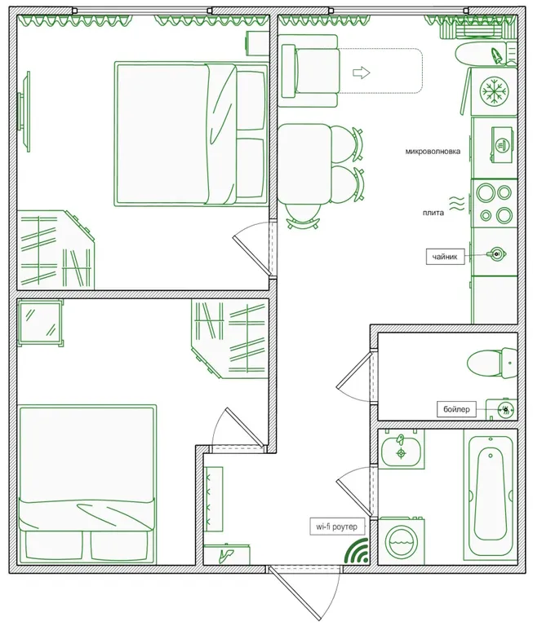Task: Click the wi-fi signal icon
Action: point(357,551)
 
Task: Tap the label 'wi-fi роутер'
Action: point(336,527)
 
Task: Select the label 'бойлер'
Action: point(456,409)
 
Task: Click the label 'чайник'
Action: point(445,257)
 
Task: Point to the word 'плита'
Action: point(433,213)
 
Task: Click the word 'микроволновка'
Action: point(433,152)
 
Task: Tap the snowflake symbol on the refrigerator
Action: point(494,91)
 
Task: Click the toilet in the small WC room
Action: point(493,363)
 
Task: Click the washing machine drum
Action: point(402,542)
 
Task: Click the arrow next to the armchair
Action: point(362,73)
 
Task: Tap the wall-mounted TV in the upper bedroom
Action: point(24,112)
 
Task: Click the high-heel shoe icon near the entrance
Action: point(227,554)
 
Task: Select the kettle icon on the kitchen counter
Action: point(496,253)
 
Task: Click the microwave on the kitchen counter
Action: point(502,145)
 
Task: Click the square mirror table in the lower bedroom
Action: point(40,323)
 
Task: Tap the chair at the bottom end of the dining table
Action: point(304,215)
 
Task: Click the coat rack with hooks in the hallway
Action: point(214,499)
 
